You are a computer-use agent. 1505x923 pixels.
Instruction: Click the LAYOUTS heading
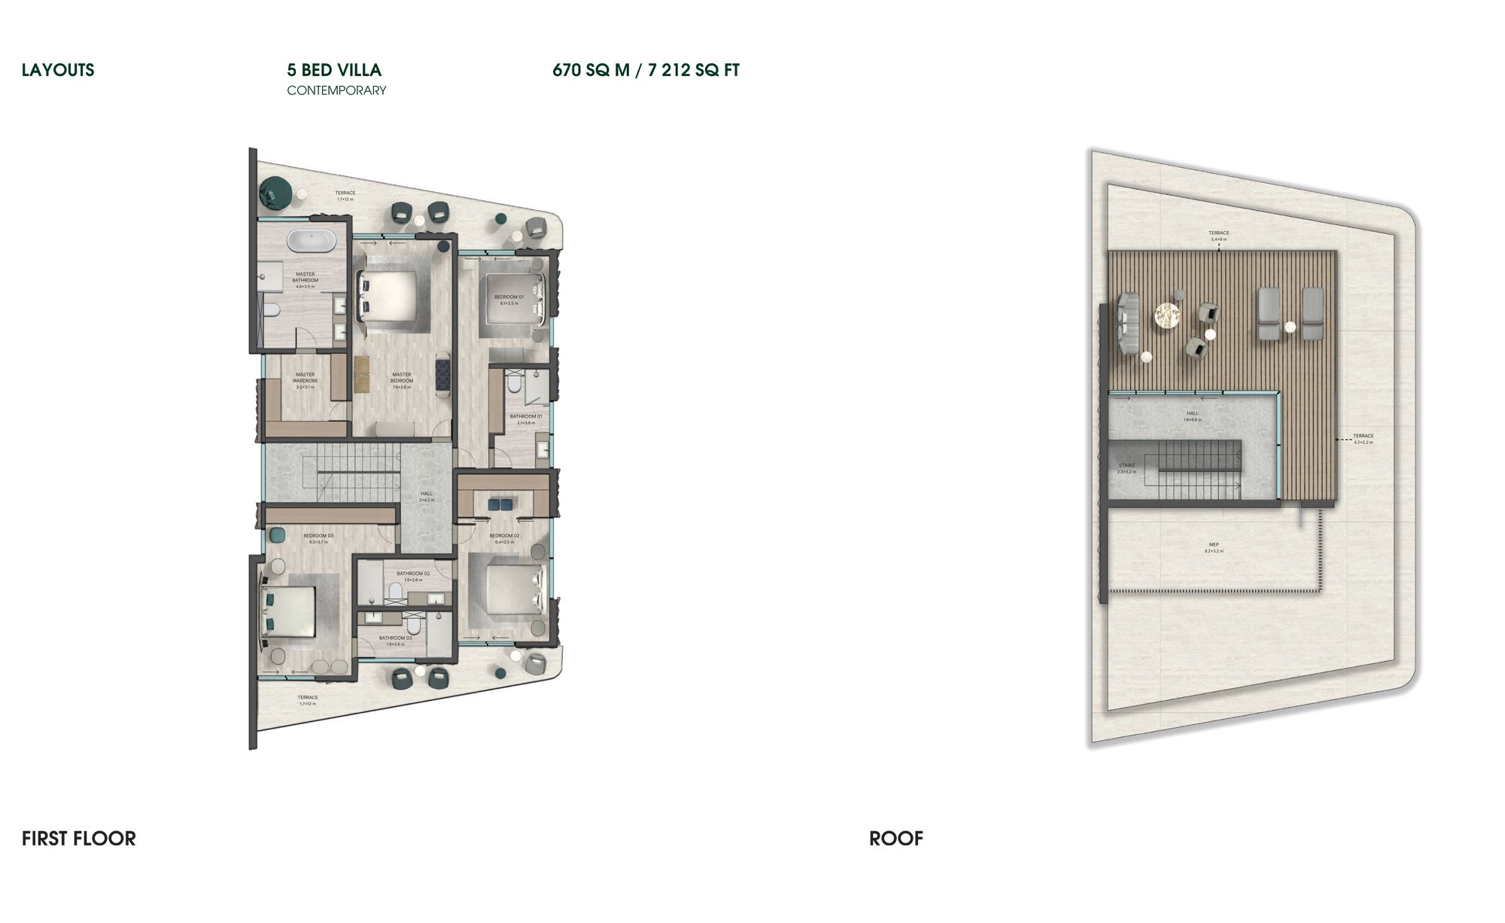(58, 70)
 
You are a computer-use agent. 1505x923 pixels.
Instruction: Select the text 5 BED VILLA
(334, 70)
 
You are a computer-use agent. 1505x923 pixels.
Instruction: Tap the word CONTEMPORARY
(336, 90)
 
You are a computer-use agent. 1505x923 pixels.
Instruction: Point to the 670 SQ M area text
(590, 70)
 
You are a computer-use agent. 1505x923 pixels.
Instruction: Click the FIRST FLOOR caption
(79, 838)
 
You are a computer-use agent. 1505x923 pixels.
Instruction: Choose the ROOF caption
(895, 838)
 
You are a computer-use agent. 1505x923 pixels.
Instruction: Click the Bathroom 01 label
(525, 418)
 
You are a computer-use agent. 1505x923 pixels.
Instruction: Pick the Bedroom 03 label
(318, 538)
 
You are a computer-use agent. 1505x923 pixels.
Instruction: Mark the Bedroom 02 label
(503, 538)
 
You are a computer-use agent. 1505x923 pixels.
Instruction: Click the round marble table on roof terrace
(1168, 316)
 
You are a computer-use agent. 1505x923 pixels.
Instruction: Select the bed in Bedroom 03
(289, 610)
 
